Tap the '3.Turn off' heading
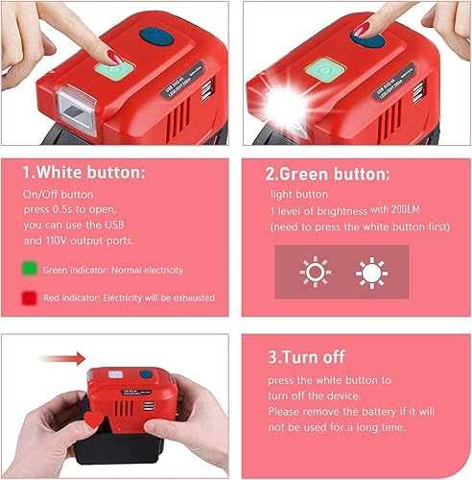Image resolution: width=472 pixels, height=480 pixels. pyautogui.click(x=306, y=358)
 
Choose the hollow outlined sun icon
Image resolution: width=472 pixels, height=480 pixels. pyautogui.click(x=315, y=274)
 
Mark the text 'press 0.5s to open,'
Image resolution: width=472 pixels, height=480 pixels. pyautogui.click(x=88, y=209)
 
